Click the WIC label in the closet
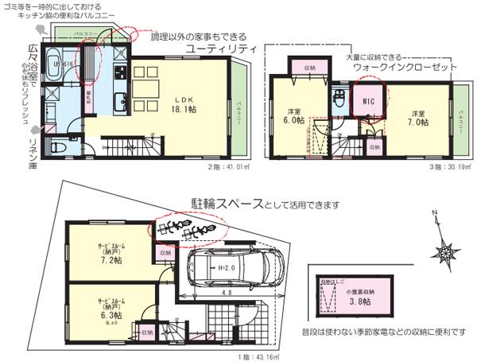[x=366, y=102]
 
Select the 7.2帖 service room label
[x=109, y=254]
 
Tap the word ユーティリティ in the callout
[x=221, y=49]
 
